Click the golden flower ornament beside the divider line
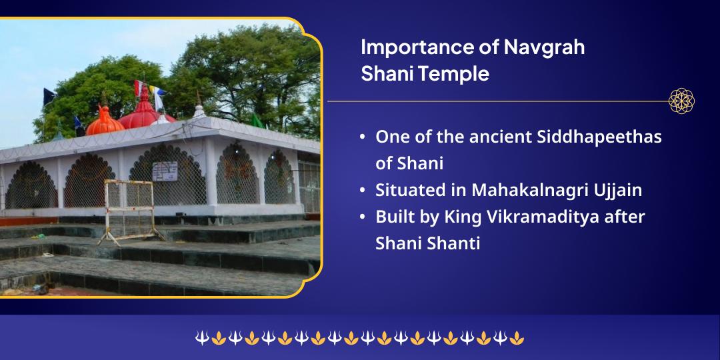tap(681, 101)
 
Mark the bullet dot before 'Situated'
tap(361, 191)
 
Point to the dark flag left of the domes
tap(49, 97)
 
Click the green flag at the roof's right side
tap(257, 121)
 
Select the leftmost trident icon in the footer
tap(202, 339)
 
